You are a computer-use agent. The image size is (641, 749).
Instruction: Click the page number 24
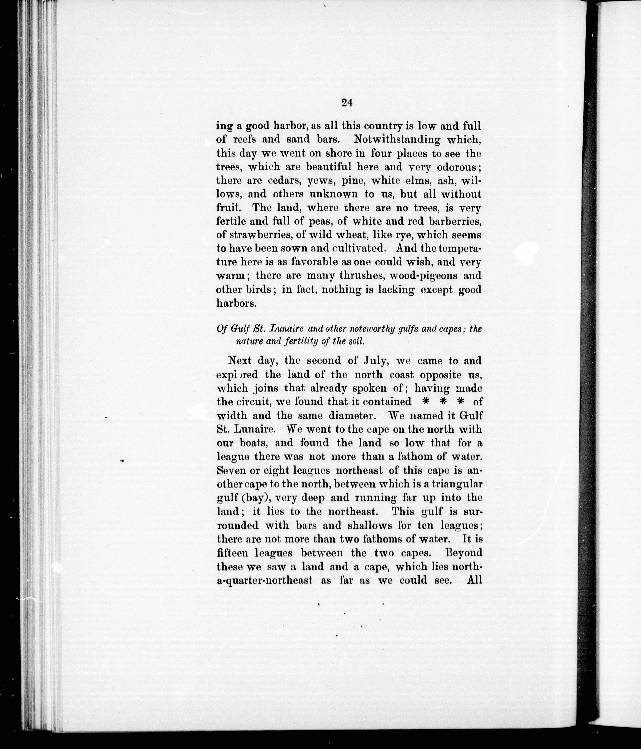click(x=347, y=103)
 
